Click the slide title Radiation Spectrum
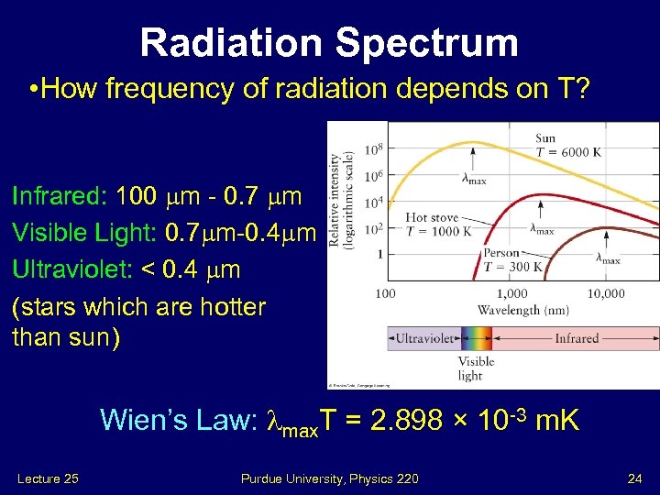point(329,42)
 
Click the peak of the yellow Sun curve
point(473,142)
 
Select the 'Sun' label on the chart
point(546,138)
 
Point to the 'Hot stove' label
point(434,218)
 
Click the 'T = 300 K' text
point(514,268)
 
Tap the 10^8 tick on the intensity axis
point(373,149)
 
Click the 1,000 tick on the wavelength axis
point(511,294)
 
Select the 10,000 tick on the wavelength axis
point(605,294)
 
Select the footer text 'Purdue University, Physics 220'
point(330,478)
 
